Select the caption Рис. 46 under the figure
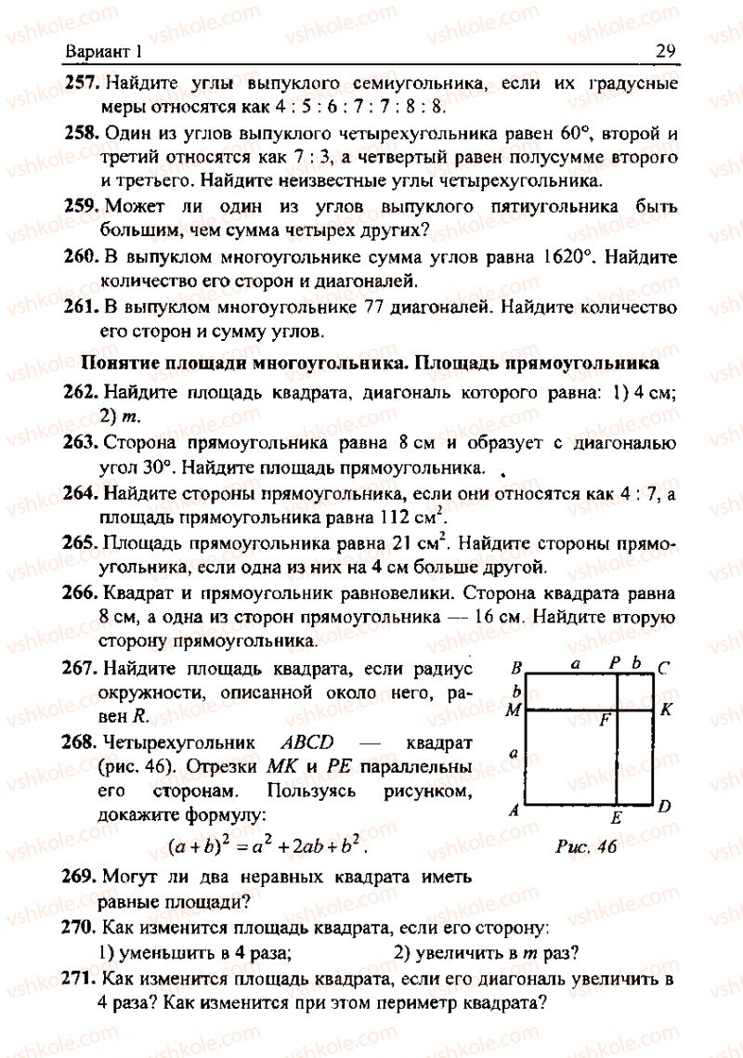(586, 846)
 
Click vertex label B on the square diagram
(515, 666)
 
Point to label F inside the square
(605, 718)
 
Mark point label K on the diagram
(665, 711)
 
